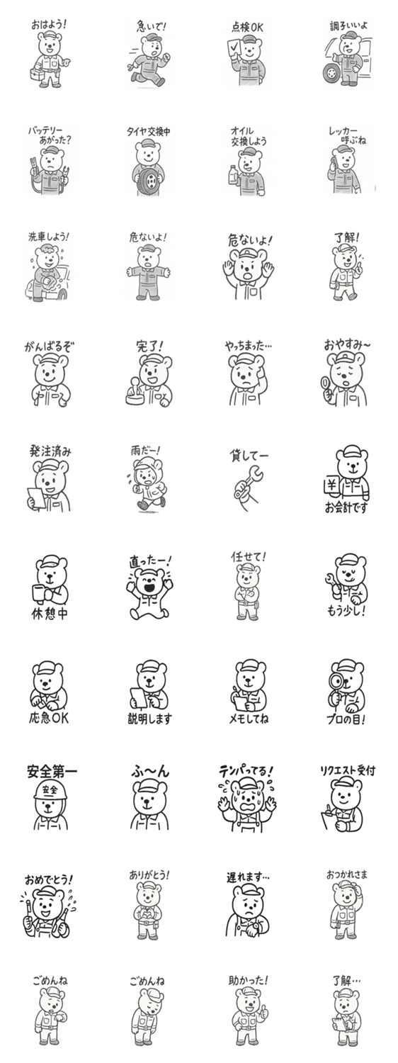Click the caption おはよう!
[x=48, y=24]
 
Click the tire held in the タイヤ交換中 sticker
[x=149, y=179]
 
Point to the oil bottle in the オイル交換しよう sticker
[x=234, y=175]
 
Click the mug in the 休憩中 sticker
[x=40, y=593]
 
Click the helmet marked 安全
[x=50, y=791]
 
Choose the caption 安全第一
[x=51, y=771]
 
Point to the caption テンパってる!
[x=246, y=771]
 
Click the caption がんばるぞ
[x=50, y=347]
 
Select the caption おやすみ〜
[x=347, y=344]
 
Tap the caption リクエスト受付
[x=348, y=771]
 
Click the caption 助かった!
[x=248, y=980]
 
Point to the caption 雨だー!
[x=145, y=450]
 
